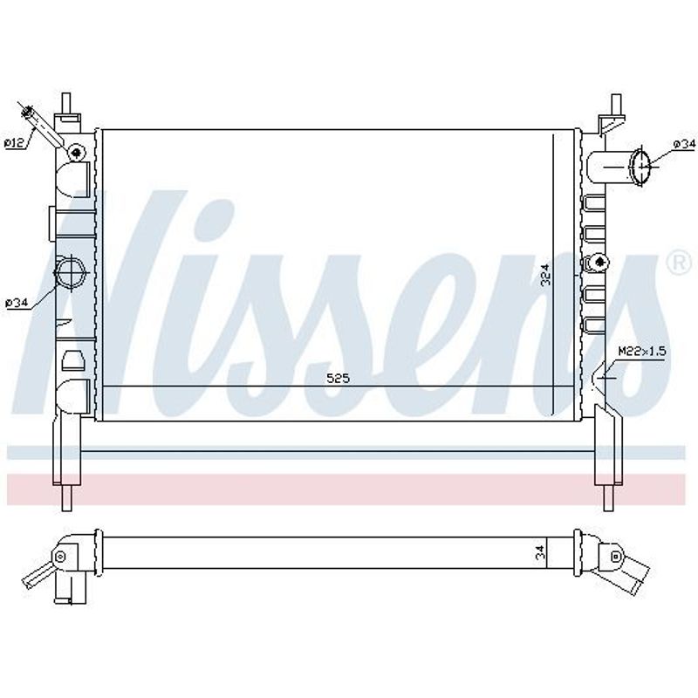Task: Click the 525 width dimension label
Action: [339, 379]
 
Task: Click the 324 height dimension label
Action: [546, 275]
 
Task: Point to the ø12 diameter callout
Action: [14, 143]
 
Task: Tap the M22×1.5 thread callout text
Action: [642, 352]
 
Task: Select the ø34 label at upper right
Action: [683, 144]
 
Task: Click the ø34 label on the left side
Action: [17, 303]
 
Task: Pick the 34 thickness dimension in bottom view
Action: [540, 553]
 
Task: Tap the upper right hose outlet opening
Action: [640, 167]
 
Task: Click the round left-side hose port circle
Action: [70, 271]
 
